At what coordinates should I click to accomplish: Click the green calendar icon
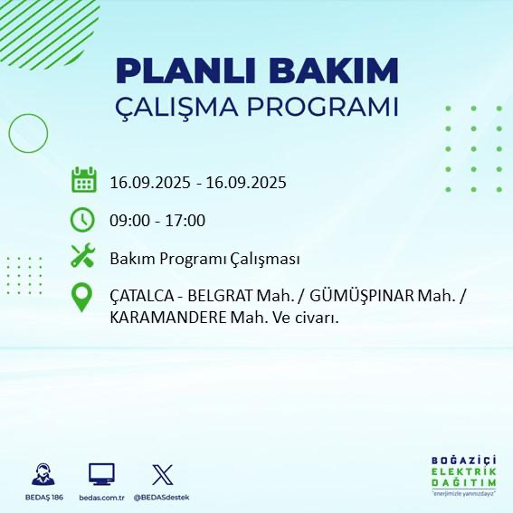coord(83,180)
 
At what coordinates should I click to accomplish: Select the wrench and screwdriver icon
coord(83,258)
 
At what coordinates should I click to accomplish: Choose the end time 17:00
coord(187,220)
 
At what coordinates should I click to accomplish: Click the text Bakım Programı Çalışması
coord(204,259)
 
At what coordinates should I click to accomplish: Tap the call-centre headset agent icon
coord(42,473)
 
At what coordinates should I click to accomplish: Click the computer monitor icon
coord(101,473)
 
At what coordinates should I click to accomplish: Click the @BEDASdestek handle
coord(162,498)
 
